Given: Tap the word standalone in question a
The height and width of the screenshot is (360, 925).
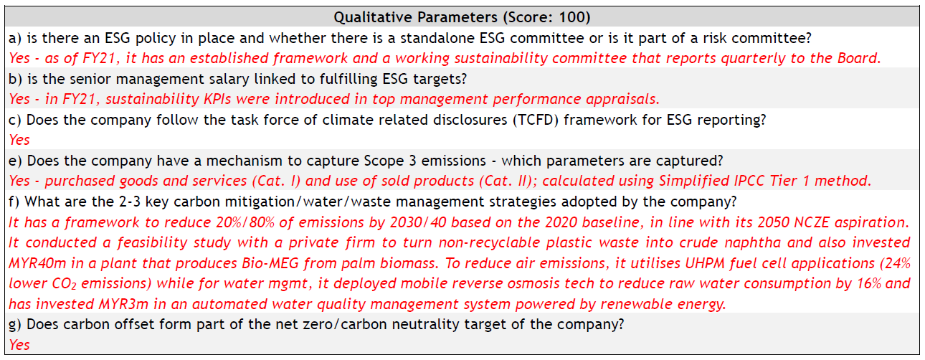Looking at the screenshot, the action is (437, 38).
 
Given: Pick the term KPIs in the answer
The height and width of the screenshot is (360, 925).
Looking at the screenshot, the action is (217, 99).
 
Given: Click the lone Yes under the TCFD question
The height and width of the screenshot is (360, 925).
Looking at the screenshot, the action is (19, 140).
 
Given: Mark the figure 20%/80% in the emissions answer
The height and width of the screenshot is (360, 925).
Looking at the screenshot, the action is (245, 222).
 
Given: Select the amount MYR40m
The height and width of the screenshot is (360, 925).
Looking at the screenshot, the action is (37, 263).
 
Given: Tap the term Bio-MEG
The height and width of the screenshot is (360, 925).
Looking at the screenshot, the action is (270, 263).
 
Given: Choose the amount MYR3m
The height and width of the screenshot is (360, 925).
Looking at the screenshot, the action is (123, 304).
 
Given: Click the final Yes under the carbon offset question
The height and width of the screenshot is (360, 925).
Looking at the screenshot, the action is (19, 345).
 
